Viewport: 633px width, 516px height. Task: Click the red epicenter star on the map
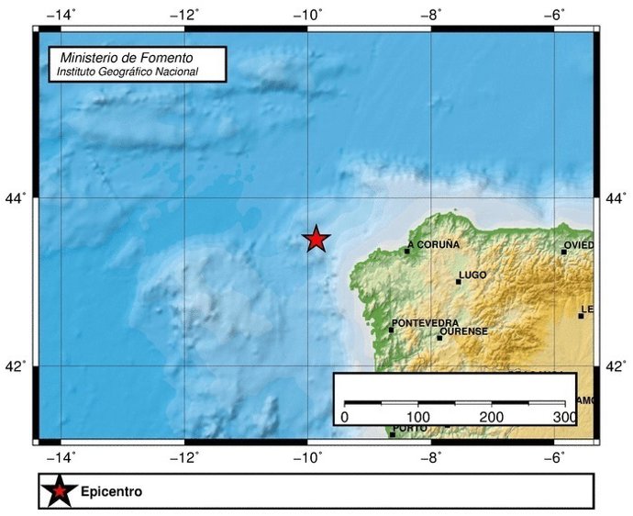pos(316,239)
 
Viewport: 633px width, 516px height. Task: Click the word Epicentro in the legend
pos(111,492)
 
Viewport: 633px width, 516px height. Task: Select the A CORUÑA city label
pos(434,244)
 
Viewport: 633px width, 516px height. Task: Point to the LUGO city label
pos(472,275)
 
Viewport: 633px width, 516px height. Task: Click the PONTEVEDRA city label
pos(425,323)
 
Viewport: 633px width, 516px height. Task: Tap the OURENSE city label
pos(464,331)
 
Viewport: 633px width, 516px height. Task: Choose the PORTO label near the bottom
pos(409,429)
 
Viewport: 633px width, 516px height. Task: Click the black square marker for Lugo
pos(458,282)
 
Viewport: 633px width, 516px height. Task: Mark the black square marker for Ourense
pos(439,338)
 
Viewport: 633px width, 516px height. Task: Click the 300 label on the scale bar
pos(564,418)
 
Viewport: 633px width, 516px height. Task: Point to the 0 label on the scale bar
pos(344,418)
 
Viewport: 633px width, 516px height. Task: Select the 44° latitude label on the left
pos(18,197)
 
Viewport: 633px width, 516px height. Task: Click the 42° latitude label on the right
pos(616,367)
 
